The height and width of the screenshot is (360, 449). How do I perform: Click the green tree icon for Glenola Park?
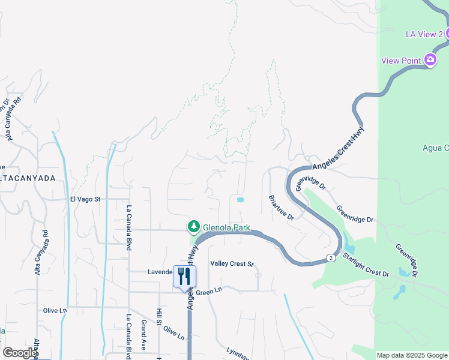pyautogui.click(x=193, y=226)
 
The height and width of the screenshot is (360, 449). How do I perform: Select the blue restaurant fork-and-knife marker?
pyautogui.click(x=184, y=276)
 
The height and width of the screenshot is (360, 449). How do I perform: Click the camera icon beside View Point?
pyautogui.click(x=430, y=59)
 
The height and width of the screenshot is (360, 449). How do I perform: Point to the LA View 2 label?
pyautogui.click(x=424, y=34)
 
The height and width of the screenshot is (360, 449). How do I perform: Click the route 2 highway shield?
pyautogui.click(x=331, y=257)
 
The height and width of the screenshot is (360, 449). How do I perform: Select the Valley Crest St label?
pyautogui.click(x=232, y=263)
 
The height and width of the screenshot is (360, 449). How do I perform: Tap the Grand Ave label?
pyautogui.click(x=144, y=335)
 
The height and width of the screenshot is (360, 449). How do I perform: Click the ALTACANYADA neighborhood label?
pyautogui.click(x=28, y=178)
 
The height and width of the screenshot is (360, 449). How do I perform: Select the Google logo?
pyautogui.click(x=19, y=353)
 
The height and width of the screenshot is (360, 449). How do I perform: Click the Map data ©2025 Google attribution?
pyautogui.click(x=412, y=355)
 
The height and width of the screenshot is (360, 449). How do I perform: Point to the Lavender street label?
pyautogui.click(x=160, y=272)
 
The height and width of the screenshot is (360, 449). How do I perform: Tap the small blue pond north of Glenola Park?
pyautogui.click(x=241, y=200)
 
